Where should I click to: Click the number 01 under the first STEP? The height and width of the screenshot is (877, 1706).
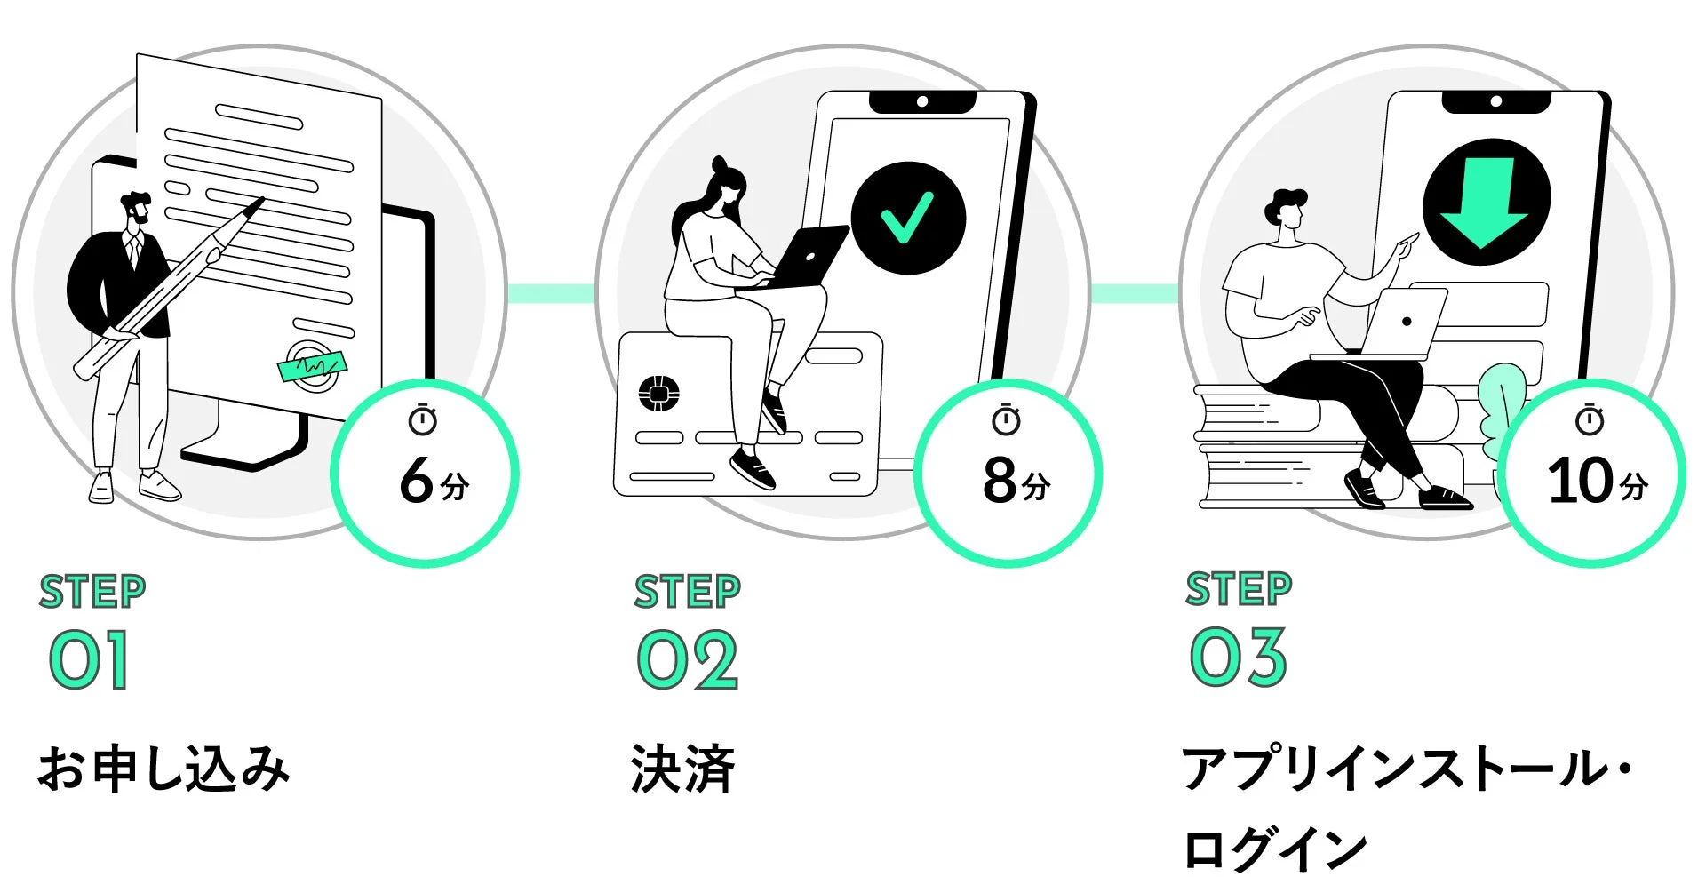pyautogui.click(x=89, y=659)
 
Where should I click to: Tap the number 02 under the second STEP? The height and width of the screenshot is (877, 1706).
pyautogui.click(x=687, y=659)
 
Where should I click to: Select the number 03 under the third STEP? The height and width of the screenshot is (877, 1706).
pyautogui.click(x=1238, y=657)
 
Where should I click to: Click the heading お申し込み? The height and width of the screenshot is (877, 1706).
pyautogui.click(x=163, y=769)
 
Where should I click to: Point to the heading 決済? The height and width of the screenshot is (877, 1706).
pyautogui.click(x=682, y=769)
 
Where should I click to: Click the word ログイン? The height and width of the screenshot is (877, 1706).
pyautogui.click(x=1275, y=848)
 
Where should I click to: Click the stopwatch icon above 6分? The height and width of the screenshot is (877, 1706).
pyautogui.click(x=423, y=419)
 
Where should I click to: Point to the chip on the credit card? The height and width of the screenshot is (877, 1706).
pyautogui.click(x=659, y=393)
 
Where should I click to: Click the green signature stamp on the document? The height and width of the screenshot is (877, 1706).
pyautogui.click(x=312, y=364)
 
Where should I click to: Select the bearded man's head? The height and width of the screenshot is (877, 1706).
pyautogui.click(x=137, y=210)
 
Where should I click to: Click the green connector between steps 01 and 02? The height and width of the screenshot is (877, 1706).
pyautogui.click(x=551, y=293)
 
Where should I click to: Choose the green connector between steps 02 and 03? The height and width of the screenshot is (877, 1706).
pyautogui.click(x=1135, y=293)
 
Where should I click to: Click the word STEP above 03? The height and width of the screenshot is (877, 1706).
pyautogui.click(x=1238, y=588)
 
